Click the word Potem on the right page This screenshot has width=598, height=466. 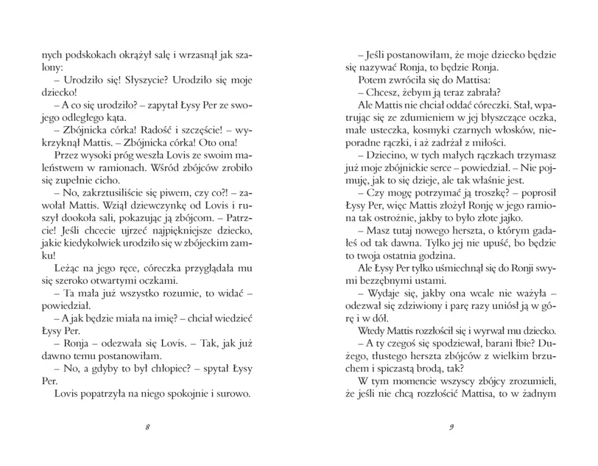click(x=371, y=79)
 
